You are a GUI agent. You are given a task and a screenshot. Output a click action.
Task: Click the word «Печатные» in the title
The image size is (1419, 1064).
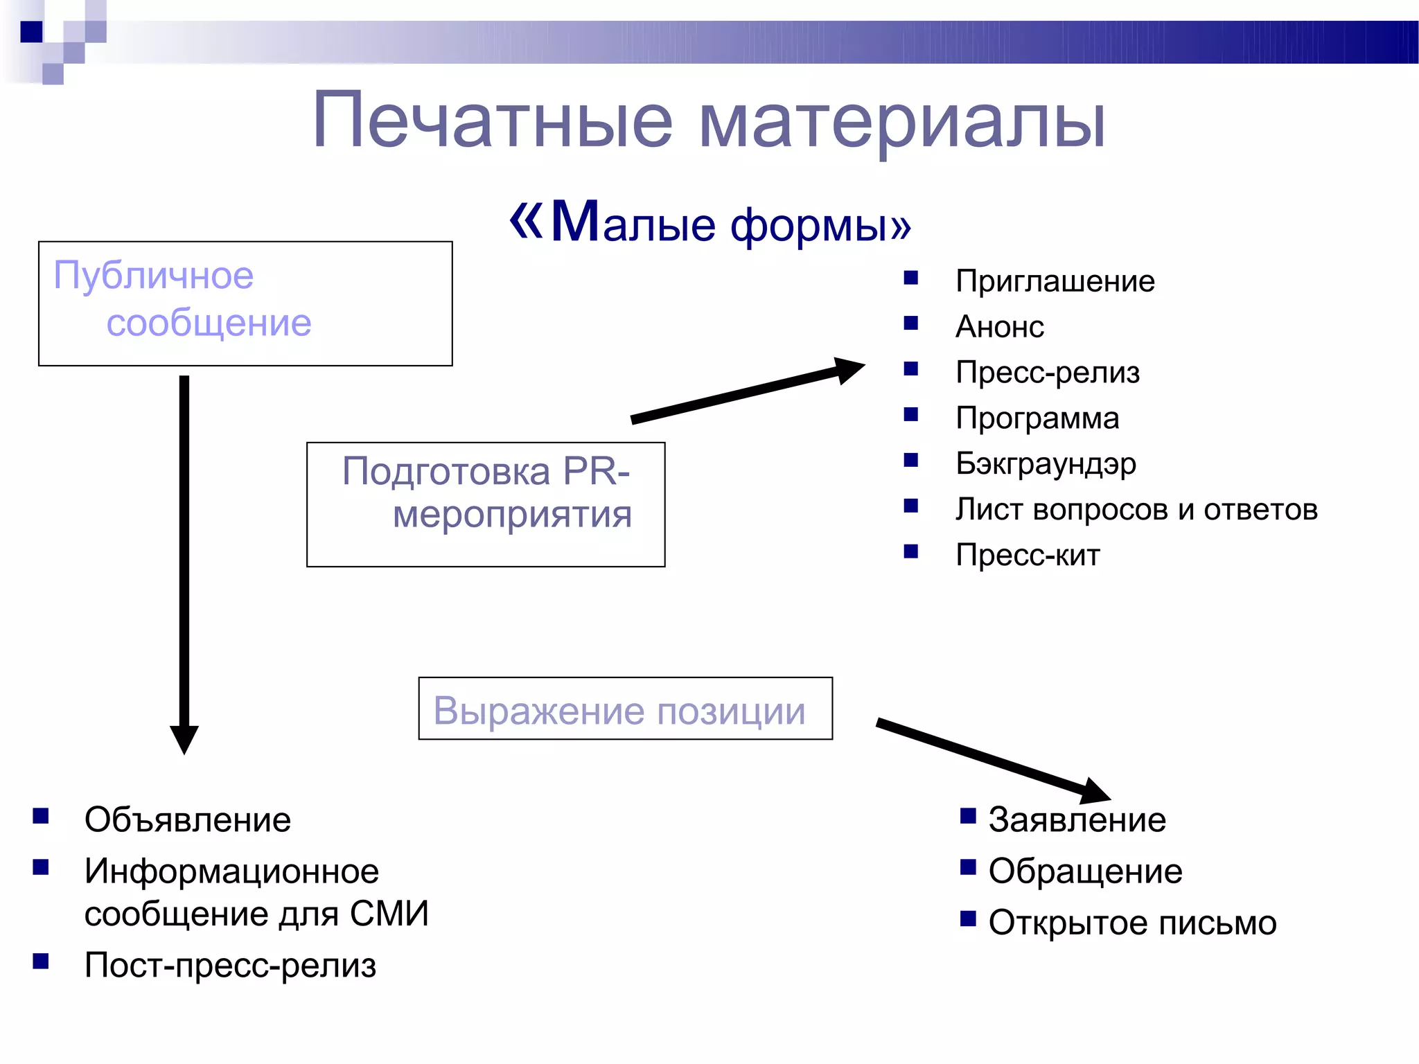click(492, 121)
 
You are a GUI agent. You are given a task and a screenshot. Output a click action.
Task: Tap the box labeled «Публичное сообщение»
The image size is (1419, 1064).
click(245, 303)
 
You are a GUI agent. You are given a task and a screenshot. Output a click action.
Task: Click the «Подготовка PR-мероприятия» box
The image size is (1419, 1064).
click(486, 504)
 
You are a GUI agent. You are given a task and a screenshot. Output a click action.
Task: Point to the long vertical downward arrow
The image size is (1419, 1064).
click(184, 554)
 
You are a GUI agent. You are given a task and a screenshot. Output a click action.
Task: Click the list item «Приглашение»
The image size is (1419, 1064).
click(1055, 281)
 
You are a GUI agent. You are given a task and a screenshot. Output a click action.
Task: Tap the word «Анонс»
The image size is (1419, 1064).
click(999, 327)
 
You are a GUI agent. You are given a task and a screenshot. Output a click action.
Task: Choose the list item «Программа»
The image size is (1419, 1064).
click(1037, 418)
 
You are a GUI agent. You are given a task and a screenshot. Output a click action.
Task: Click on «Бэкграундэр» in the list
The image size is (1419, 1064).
click(1045, 464)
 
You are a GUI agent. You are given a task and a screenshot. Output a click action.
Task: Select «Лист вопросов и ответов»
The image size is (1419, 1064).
click(1136, 510)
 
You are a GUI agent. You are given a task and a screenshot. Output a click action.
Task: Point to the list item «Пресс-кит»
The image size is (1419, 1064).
click(1027, 556)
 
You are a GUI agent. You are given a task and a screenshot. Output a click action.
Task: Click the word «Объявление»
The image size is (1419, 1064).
click(187, 820)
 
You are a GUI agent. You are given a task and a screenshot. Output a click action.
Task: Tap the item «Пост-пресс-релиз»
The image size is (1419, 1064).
click(229, 966)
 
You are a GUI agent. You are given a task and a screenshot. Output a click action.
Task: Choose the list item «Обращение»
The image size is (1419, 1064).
click(1085, 871)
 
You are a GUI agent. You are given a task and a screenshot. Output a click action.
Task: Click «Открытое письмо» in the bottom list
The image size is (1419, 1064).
click(1132, 923)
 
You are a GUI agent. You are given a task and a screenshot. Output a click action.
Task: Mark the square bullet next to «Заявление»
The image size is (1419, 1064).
click(967, 815)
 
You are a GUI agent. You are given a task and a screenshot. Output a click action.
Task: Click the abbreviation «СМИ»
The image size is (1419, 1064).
click(389, 914)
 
